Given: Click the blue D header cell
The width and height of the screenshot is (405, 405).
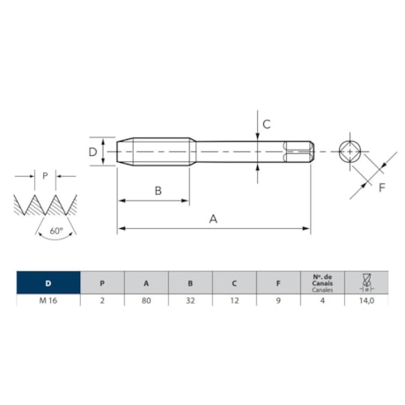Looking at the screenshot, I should coord(48,283).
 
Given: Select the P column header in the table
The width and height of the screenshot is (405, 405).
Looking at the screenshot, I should coord(102,283).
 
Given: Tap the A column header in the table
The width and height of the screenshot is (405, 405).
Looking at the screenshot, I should coord(146,283).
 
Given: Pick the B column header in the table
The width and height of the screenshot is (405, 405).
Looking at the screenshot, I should coord(190,283).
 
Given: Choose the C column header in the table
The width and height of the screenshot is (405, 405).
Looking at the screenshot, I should coord(234,283).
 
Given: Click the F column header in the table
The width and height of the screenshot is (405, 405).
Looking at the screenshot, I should coord(278,283).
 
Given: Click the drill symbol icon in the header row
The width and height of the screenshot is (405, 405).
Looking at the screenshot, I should coord(365,282).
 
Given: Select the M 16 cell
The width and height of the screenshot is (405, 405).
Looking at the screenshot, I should coord(48,300).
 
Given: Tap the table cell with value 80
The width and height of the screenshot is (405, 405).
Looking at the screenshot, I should coord(146,300).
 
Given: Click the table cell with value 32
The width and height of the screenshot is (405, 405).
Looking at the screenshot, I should coord(190,300).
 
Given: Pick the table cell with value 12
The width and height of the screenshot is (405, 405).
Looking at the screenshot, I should coord(234,300).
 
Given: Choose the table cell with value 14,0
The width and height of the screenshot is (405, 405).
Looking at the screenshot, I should coord(365,300).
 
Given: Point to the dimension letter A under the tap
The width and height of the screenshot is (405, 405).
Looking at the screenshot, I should coord(212,219).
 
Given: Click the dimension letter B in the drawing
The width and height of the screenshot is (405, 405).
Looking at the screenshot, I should coord(158,191).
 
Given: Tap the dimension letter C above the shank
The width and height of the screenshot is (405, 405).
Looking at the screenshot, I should coord(266,124).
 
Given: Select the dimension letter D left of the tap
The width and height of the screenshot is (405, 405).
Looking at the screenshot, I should coord(92,151).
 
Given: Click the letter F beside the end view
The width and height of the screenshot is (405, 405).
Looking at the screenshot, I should coord(381,188).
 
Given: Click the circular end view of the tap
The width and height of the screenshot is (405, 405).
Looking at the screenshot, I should coord(350,151).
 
